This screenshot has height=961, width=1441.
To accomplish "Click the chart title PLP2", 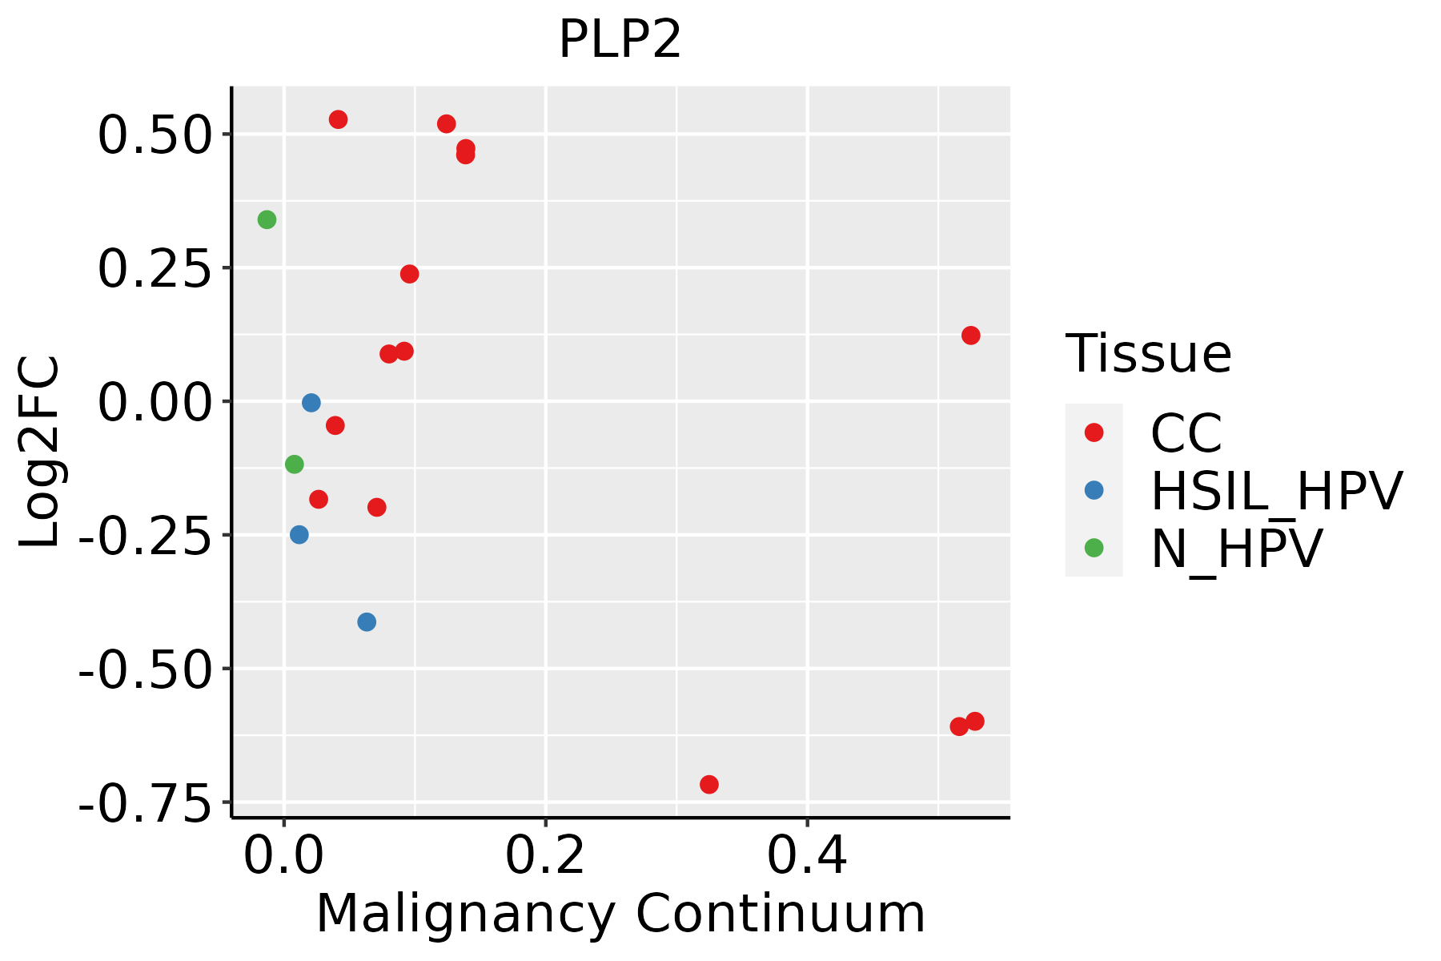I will click(620, 40).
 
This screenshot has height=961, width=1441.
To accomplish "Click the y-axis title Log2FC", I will click(40, 452).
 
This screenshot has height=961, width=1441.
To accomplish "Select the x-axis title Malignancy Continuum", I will click(620, 915).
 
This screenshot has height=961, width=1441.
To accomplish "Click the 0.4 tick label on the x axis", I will click(807, 857).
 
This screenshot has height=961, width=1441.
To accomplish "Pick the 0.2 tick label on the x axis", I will click(545, 857).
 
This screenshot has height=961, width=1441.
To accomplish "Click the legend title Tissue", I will click(1148, 353).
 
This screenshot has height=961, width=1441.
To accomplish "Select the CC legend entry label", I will click(1186, 433).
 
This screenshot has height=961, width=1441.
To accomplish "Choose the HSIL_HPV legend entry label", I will click(1276, 491).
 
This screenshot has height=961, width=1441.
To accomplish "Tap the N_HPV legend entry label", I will click(1236, 549).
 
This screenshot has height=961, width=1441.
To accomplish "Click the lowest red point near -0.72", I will click(708, 784).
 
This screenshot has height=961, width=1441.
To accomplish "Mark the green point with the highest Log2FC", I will click(267, 219).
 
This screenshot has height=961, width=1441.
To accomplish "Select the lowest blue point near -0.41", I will click(367, 621).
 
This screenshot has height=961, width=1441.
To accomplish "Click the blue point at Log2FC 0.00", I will click(311, 403).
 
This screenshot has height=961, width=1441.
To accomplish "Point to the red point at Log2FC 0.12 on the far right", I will click(970, 336).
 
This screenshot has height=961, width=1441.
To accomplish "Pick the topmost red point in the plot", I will click(338, 119).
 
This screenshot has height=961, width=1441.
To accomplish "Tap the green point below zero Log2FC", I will click(295, 464).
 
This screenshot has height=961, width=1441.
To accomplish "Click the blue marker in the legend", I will click(1094, 490).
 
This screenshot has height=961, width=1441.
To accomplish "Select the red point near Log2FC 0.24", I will click(409, 274).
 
